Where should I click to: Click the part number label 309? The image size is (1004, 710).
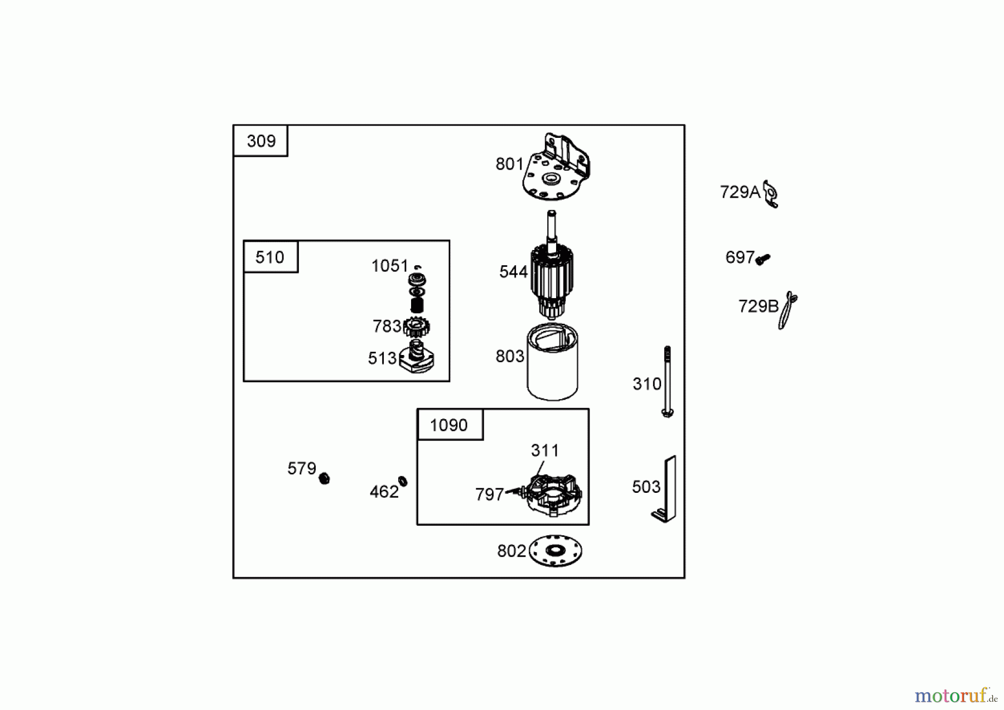pos(261,141)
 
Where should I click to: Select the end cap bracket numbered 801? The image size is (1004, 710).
pos(556,166)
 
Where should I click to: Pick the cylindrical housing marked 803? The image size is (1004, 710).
pos(552,362)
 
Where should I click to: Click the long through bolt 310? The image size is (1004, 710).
pos(667,381)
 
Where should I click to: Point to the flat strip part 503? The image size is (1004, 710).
pos(664,489)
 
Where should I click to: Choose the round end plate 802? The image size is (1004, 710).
pos(555,550)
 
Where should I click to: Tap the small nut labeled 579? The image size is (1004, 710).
pos(324,478)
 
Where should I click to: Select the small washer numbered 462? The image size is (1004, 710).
pos(403,481)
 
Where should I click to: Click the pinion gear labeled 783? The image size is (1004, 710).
pos(416,327)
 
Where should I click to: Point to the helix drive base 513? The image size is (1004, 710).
pos(417,357)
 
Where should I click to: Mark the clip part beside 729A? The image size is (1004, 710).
pos(770,194)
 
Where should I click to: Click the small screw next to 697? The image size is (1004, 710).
pos(762,259)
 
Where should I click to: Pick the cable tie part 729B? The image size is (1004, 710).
pos(787,310)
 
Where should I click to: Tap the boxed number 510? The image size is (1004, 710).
pos(269,257)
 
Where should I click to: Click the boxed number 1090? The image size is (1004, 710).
pos(448,425)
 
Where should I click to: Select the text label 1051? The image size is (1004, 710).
pos(390,266)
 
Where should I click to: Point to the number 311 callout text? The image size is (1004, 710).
pos(545,450)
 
